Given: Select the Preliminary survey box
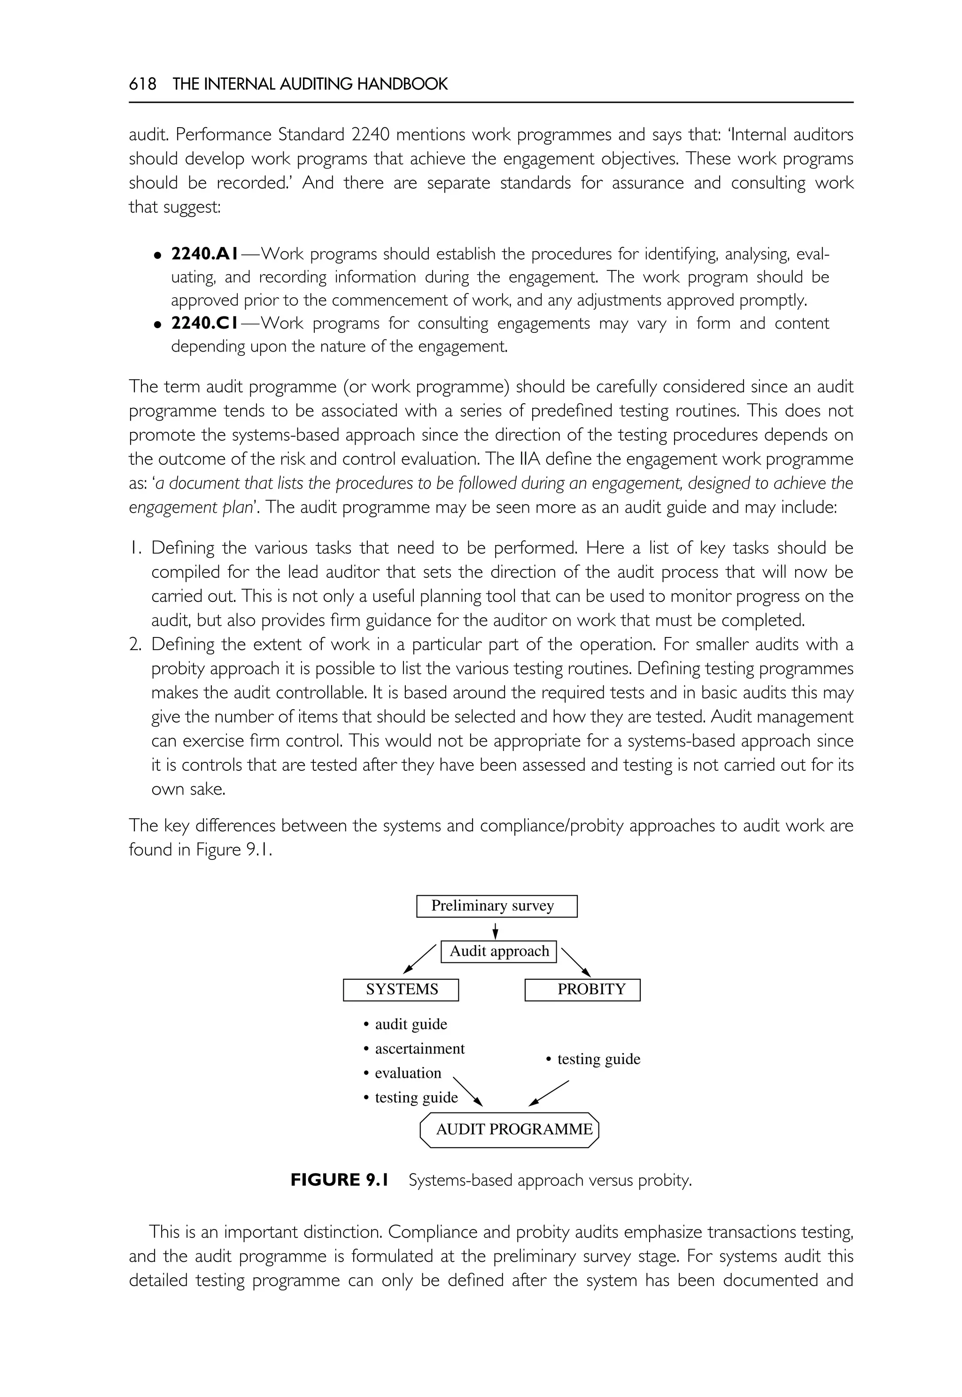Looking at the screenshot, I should click(x=496, y=906).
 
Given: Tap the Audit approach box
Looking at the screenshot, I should click(x=498, y=951).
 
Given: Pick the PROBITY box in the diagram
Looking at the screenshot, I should click(x=582, y=990).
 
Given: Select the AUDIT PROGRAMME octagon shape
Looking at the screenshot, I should click(x=509, y=1129).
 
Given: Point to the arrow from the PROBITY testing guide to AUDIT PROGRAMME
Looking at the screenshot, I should click(x=549, y=1093).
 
